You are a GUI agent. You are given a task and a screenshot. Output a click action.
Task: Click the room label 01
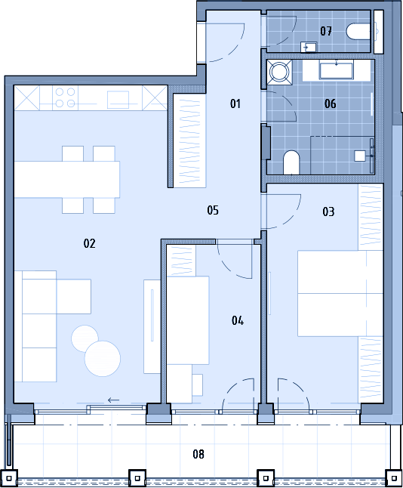(235, 103)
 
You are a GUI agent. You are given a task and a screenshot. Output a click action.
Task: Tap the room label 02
(89, 243)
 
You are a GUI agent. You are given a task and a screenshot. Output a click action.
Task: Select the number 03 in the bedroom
(328, 212)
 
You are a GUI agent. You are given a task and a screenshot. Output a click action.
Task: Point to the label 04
(238, 320)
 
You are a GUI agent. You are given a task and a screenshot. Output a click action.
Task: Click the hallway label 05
(213, 210)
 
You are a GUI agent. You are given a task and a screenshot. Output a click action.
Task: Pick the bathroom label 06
(331, 103)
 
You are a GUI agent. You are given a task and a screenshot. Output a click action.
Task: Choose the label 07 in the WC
(326, 31)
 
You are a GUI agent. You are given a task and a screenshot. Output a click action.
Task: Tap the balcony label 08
(198, 454)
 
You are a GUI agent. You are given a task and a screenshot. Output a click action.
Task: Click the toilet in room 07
(358, 32)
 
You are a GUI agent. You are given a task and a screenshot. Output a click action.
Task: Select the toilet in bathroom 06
(291, 162)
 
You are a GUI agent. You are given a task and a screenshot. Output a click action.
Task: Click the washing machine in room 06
(279, 73)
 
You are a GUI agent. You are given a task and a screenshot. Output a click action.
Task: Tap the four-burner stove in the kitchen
(65, 97)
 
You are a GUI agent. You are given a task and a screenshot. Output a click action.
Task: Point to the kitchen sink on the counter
(118, 100)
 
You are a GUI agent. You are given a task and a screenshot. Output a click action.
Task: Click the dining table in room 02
(67, 179)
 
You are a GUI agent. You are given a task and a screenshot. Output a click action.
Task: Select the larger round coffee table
(103, 359)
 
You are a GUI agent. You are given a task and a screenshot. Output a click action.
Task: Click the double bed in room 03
(340, 293)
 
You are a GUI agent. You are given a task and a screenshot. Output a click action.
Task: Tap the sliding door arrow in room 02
(113, 400)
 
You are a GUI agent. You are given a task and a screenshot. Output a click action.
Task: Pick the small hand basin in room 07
(309, 48)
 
